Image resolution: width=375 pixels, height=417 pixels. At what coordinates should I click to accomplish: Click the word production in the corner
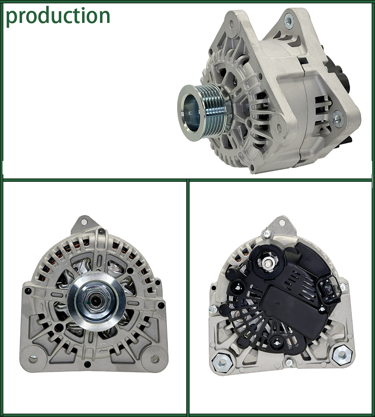[58, 15]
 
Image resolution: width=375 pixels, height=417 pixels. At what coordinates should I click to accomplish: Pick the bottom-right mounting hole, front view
[155, 358]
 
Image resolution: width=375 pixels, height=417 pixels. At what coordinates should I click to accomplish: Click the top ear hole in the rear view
[282, 223]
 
